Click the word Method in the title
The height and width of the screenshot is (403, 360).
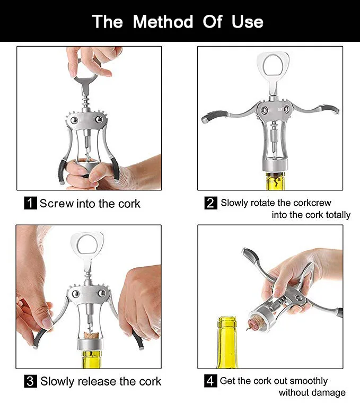(x=163, y=22)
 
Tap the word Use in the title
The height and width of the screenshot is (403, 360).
(x=247, y=22)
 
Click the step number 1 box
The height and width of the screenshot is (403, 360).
(x=31, y=203)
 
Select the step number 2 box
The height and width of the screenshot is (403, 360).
(x=211, y=203)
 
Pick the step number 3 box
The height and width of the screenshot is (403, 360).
(x=31, y=381)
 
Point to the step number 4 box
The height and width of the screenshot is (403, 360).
(x=211, y=381)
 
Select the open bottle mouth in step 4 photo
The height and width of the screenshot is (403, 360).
(x=227, y=320)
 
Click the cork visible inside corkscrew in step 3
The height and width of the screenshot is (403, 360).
(x=89, y=335)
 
